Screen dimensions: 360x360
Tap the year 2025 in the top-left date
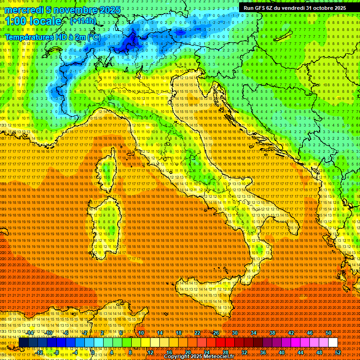[x=107, y=10]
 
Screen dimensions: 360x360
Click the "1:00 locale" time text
[x=34, y=22]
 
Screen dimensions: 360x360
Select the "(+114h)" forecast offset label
[x=83, y=21]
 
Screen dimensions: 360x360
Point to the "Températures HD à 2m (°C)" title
[x=53, y=37]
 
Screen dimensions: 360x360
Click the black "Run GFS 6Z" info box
[x=294, y=7]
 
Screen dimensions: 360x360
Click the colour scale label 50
[x=329, y=333]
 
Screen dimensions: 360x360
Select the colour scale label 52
[x=338, y=352]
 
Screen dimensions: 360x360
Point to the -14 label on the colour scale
[x=30, y=333]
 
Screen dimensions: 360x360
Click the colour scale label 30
[x=235, y=333]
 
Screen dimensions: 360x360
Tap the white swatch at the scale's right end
[x=333, y=343]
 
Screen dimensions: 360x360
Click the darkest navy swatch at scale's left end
[x=23, y=343]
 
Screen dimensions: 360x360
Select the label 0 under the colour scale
[x=93, y=352]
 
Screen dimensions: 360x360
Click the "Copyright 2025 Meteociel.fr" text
[x=202, y=357]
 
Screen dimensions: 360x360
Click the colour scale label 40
[x=282, y=352]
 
